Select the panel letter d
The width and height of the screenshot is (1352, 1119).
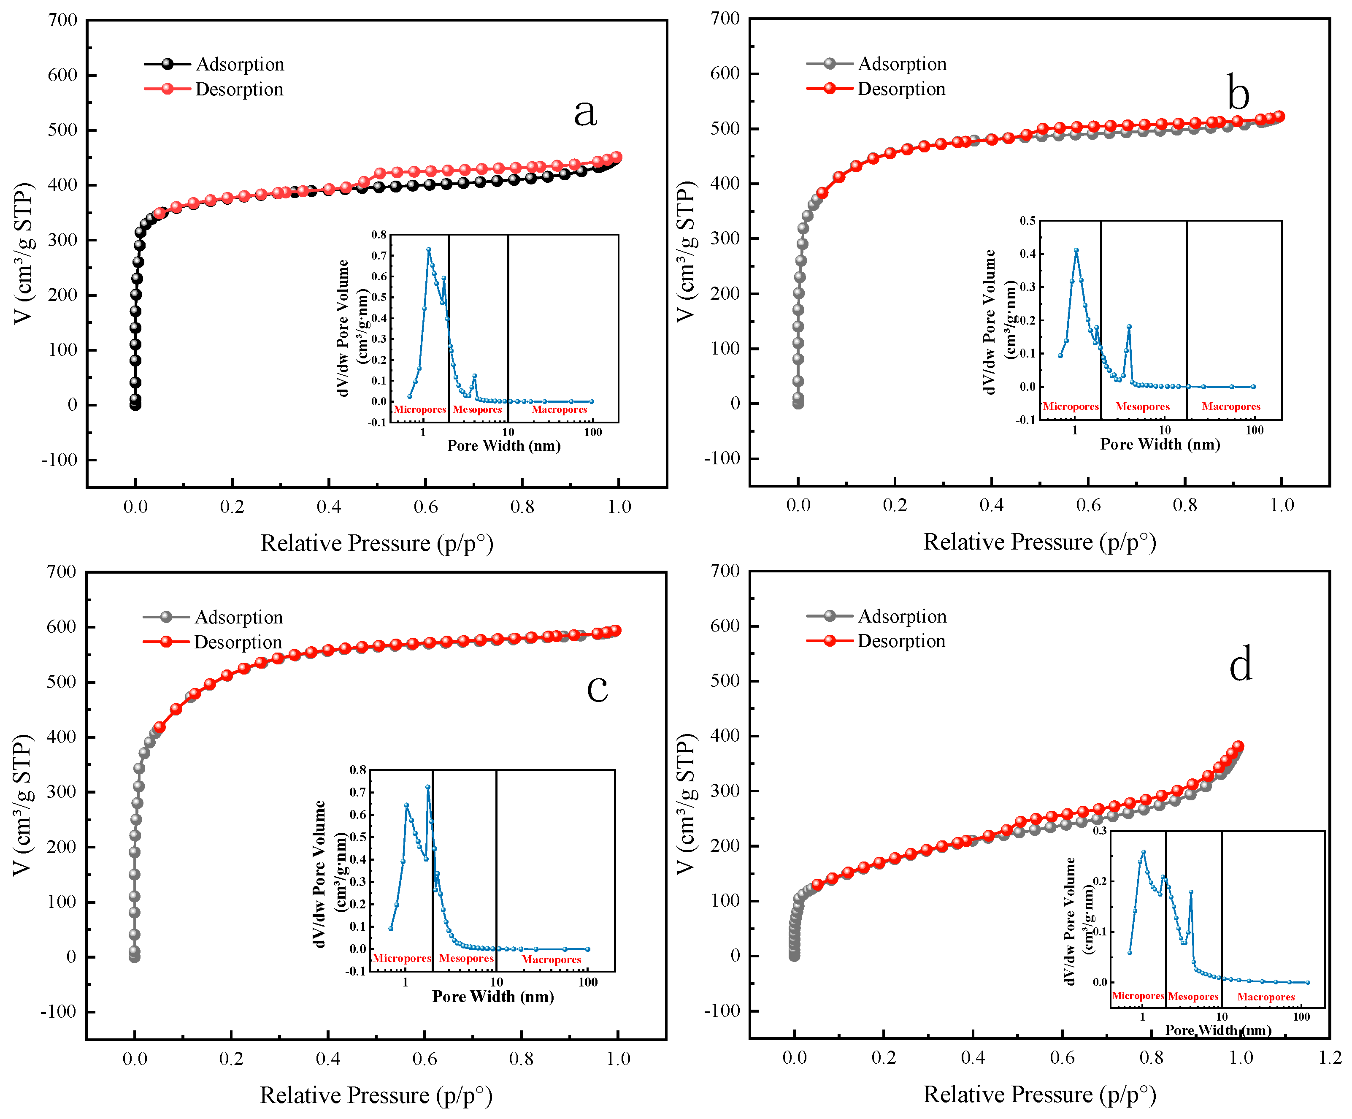[1240, 664]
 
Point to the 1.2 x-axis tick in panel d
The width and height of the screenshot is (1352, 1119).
[1330, 1058]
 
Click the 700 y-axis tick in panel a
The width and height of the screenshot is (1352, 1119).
[62, 20]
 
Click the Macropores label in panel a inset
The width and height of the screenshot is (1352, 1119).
[559, 409]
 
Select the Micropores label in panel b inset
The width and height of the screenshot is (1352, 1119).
[1071, 406]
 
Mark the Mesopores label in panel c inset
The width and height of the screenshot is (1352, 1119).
[466, 958]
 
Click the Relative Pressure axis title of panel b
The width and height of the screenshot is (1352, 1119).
[1039, 542]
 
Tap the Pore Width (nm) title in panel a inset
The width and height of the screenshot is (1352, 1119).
[503, 446]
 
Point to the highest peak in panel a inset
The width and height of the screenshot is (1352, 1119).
[428, 249]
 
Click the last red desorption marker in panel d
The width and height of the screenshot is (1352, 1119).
[1237, 746]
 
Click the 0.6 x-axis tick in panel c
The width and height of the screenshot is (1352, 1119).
[424, 1059]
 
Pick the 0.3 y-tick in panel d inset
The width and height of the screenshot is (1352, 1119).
[1099, 831]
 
